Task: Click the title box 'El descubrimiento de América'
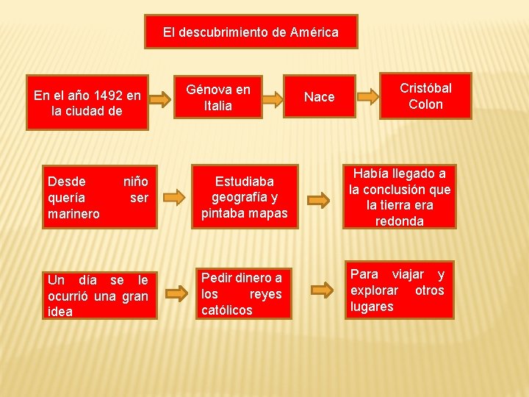(251, 32)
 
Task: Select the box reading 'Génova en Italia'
(218, 97)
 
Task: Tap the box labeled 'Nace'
(319, 97)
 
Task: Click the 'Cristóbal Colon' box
(425, 96)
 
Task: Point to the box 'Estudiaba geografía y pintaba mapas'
(244, 197)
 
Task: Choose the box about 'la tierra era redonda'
(400, 197)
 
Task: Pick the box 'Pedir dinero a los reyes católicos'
(242, 294)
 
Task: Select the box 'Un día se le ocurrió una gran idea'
(98, 296)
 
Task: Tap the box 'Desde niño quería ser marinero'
(98, 197)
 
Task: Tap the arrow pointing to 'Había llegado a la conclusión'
(318, 198)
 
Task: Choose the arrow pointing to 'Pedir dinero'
(176, 295)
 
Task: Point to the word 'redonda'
(400, 221)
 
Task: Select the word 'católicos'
(227, 310)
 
